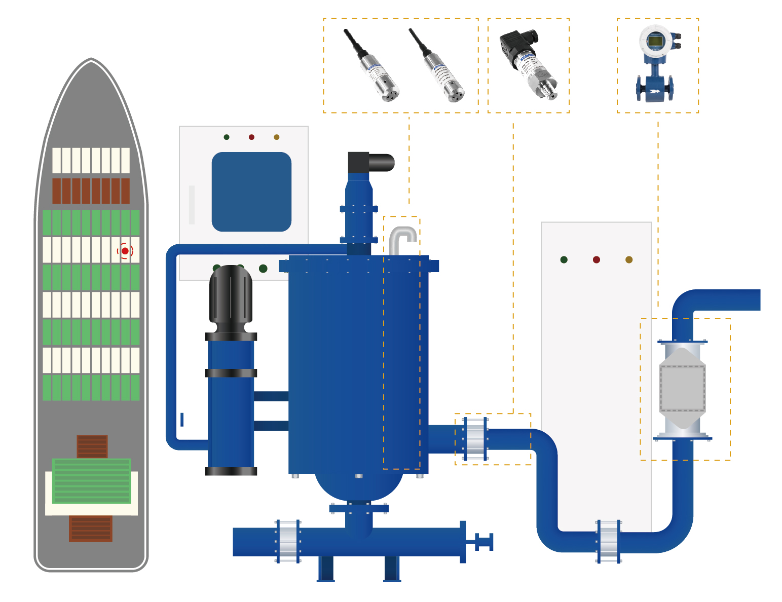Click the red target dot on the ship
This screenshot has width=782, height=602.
125,251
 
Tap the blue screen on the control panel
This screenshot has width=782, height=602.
251,192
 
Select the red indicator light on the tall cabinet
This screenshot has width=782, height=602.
596,260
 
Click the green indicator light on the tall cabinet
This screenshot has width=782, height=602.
564,260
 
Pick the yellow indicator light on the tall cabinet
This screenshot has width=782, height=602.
629,260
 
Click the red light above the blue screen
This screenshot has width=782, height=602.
251,137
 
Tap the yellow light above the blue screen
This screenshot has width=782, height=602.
276,137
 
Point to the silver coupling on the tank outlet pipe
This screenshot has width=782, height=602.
475,439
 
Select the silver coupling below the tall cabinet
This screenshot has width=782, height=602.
609,541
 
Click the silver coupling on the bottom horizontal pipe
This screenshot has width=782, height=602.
288,541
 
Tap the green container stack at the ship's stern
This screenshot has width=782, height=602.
92,480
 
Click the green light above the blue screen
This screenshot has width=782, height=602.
227,137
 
